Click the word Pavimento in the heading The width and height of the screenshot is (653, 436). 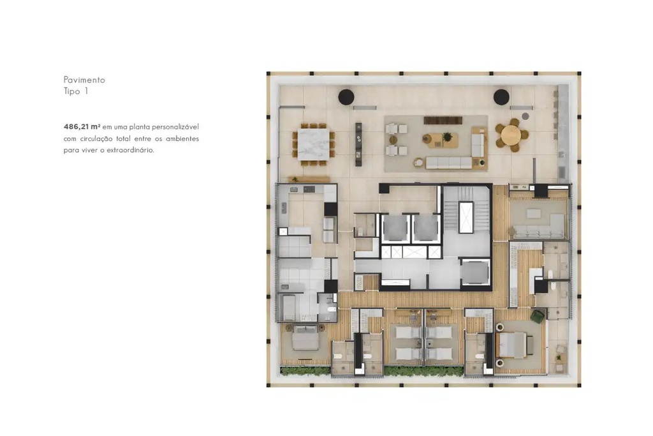(84, 80)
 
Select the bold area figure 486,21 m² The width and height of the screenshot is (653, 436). (82, 126)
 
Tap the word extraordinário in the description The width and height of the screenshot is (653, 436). (130, 150)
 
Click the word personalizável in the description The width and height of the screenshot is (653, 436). (175, 127)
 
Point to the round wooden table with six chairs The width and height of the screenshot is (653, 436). (511, 135)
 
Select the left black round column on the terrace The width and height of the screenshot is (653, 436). (346, 96)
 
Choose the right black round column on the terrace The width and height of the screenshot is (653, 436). (501, 96)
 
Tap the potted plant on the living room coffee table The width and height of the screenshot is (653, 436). (447, 137)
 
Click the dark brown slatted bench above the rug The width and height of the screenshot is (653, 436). (443, 120)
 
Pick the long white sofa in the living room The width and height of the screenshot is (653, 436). (449, 163)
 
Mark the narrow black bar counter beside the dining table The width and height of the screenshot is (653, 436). (358, 144)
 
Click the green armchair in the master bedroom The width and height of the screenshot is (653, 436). (538, 315)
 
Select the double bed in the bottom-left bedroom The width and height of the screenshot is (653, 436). (305, 338)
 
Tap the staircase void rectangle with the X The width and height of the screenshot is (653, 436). (466, 217)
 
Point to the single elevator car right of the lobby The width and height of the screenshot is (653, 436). (475, 273)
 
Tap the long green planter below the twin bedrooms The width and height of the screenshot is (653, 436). (423, 370)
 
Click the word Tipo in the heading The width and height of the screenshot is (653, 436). (72, 91)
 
